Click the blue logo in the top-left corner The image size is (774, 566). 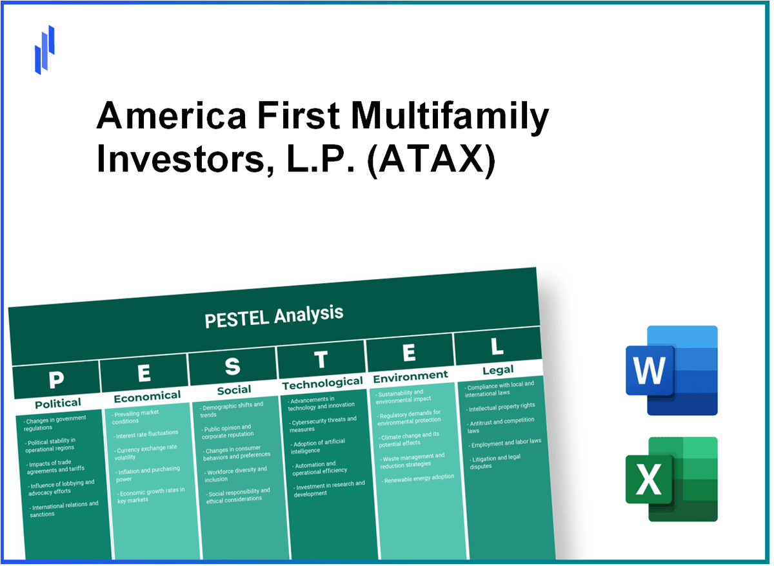click(45, 50)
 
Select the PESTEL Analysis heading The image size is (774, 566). click(274, 315)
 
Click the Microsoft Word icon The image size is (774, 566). click(671, 370)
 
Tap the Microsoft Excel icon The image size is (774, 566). click(671, 479)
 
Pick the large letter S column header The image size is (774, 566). click(232, 367)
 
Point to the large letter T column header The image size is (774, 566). click(321, 360)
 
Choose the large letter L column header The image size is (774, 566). click(497, 347)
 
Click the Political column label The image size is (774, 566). click(57, 404)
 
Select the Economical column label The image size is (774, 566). click(147, 396)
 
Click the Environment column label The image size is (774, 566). click(410, 375)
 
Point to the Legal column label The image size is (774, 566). click(498, 369)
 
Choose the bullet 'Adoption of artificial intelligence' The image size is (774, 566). click(318, 446)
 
